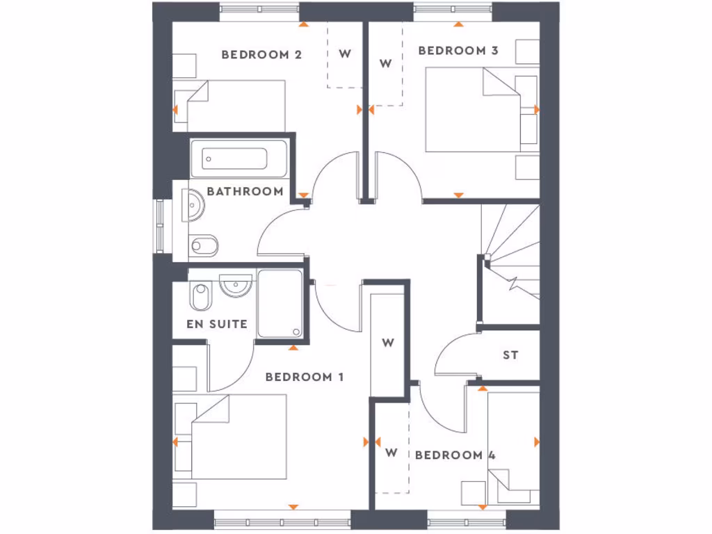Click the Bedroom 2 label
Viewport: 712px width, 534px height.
click(261, 54)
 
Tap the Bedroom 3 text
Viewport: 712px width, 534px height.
click(458, 50)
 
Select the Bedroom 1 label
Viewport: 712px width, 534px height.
click(305, 377)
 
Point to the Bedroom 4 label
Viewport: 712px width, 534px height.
click(455, 455)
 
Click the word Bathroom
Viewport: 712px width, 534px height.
click(245, 191)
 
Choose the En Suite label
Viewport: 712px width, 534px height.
click(217, 324)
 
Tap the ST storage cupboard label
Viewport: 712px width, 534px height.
click(510, 355)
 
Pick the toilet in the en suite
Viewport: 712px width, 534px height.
click(199, 297)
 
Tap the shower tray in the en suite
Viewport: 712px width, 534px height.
click(280, 305)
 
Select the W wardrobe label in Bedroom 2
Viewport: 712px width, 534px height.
click(345, 54)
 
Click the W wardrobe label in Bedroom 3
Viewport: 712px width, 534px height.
click(385, 63)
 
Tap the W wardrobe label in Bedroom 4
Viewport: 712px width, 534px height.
click(391, 453)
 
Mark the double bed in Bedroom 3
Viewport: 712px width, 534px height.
click(473, 109)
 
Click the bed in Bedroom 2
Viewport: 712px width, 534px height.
click(236, 105)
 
